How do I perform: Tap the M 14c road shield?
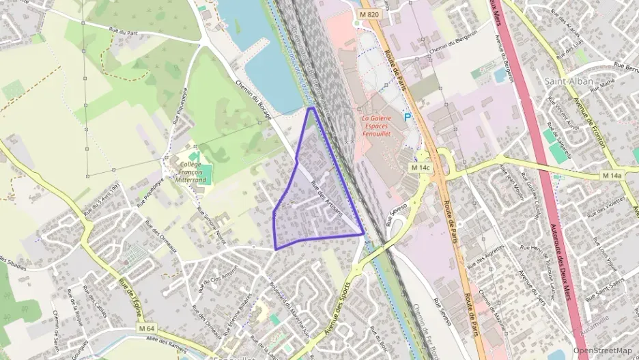point(421,167)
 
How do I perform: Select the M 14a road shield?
point(612,176)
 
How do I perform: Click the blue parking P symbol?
point(408,117)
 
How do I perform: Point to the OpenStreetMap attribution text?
point(602,350)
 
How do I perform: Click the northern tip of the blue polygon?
point(312,108)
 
